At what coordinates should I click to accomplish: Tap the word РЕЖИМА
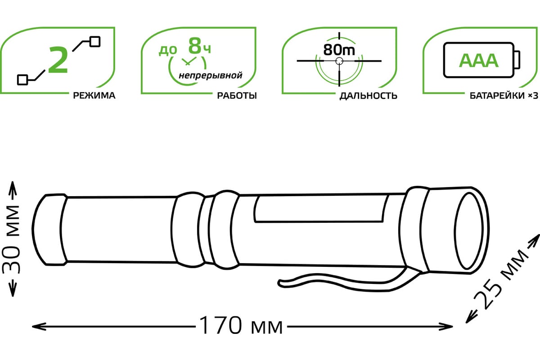tap(91, 95)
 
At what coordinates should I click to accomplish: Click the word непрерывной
tap(210, 75)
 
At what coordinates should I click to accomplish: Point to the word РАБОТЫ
tap(237, 95)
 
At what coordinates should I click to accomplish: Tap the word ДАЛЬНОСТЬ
tap(369, 96)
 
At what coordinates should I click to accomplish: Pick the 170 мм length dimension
tap(241, 325)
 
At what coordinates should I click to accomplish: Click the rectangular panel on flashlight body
tap(320, 209)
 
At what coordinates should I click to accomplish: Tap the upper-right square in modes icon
tap(95, 41)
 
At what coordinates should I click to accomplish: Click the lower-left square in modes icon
tap(22, 79)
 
